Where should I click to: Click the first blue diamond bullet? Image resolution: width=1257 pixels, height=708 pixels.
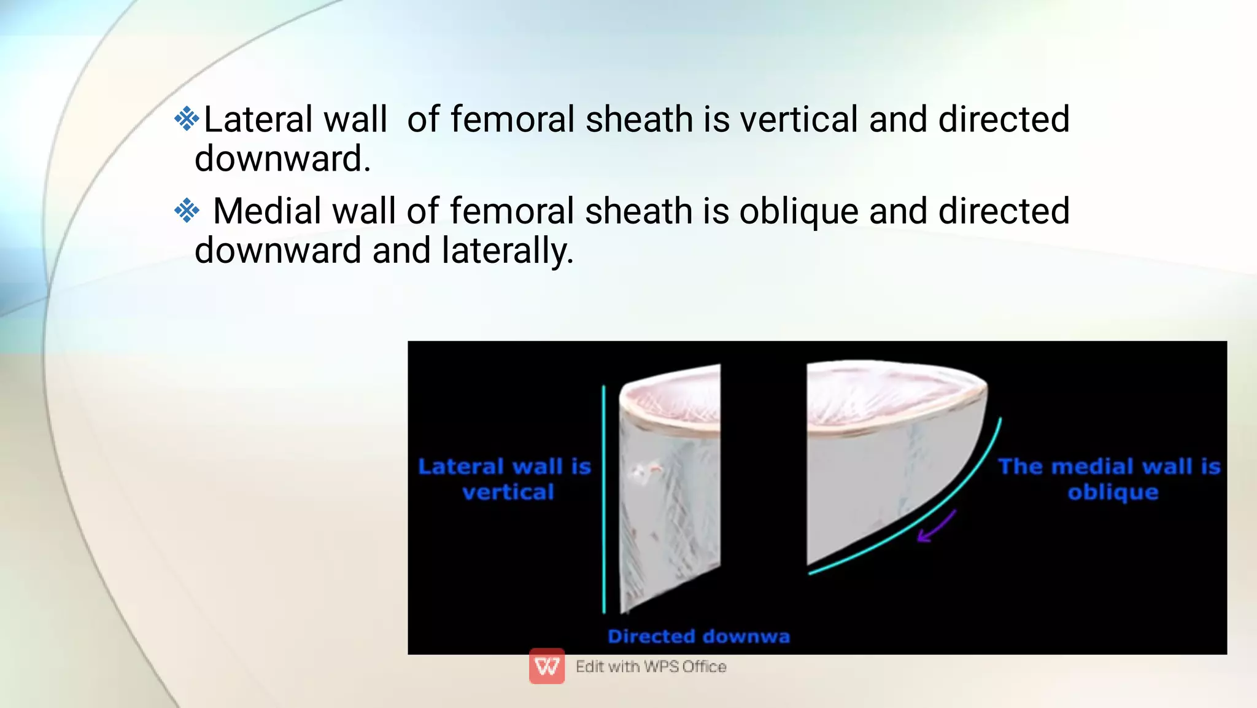[x=187, y=119]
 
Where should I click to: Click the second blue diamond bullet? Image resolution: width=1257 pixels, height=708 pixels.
[x=187, y=211]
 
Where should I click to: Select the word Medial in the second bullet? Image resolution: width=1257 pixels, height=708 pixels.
[x=268, y=211]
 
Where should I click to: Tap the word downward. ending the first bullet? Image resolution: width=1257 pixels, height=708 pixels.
[x=282, y=159]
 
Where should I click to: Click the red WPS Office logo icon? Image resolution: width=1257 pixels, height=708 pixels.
[x=547, y=666]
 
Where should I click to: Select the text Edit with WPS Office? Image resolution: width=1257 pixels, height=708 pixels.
[x=651, y=667]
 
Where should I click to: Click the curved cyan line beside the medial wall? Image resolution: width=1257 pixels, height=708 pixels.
[x=921, y=522]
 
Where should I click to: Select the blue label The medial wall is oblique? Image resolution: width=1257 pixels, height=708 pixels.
[x=1110, y=479]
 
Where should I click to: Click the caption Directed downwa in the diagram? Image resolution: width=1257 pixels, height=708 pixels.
[x=698, y=637]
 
